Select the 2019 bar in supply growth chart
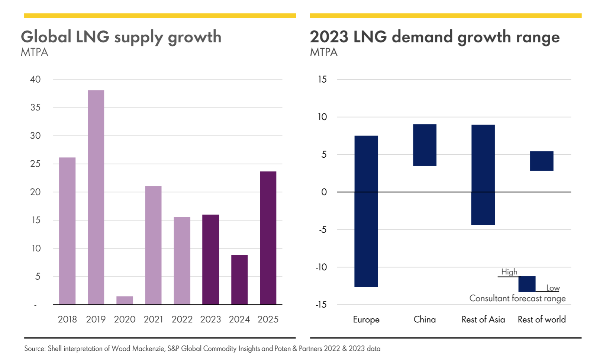click(96, 197)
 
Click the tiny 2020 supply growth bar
click(125, 300)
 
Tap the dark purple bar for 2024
click(239, 279)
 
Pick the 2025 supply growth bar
click(268, 238)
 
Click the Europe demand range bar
click(366, 211)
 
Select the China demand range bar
click(425, 145)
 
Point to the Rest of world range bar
click(542, 161)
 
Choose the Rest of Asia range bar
click(483, 175)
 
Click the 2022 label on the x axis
click(182, 319)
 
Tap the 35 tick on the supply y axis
click(35, 107)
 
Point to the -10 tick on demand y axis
click(321, 267)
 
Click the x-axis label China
click(425, 319)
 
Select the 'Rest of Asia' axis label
click(483, 319)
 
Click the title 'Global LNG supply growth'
click(121, 37)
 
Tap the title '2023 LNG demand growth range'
click(435, 37)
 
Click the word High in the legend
click(509, 272)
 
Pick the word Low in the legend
click(553, 288)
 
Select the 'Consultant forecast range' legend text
click(517, 298)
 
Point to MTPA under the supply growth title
click(35, 52)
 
